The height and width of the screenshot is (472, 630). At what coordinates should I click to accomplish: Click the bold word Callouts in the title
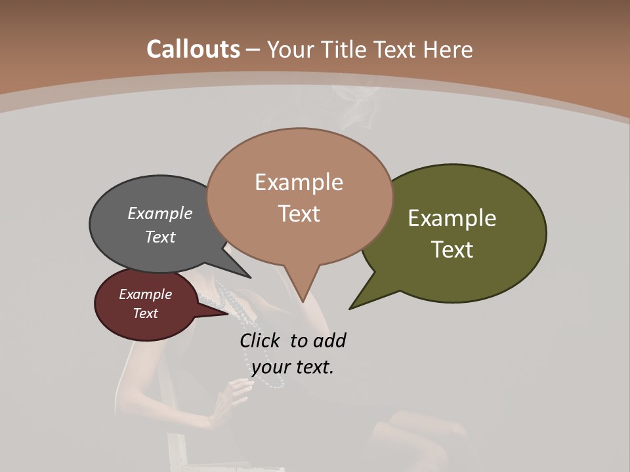[193, 49]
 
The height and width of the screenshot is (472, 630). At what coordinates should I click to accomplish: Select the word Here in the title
[449, 49]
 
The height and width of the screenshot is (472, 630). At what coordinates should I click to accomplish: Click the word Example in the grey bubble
[160, 213]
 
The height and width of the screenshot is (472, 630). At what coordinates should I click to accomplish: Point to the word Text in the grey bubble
[160, 237]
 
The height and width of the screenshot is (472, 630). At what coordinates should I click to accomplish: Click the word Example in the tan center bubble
[299, 182]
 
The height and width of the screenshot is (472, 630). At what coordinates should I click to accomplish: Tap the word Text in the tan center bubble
[299, 214]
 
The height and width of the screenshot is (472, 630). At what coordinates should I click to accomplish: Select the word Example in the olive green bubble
[452, 218]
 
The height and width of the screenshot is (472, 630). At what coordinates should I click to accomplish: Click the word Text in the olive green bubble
[453, 250]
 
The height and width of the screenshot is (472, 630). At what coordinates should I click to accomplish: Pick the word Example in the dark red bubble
[145, 294]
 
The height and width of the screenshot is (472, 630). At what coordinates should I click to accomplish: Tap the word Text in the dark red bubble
[145, 313]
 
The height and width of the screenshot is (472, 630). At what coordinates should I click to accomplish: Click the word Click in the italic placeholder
[260, 341]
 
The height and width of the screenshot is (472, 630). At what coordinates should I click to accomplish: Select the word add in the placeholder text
[329, 341]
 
